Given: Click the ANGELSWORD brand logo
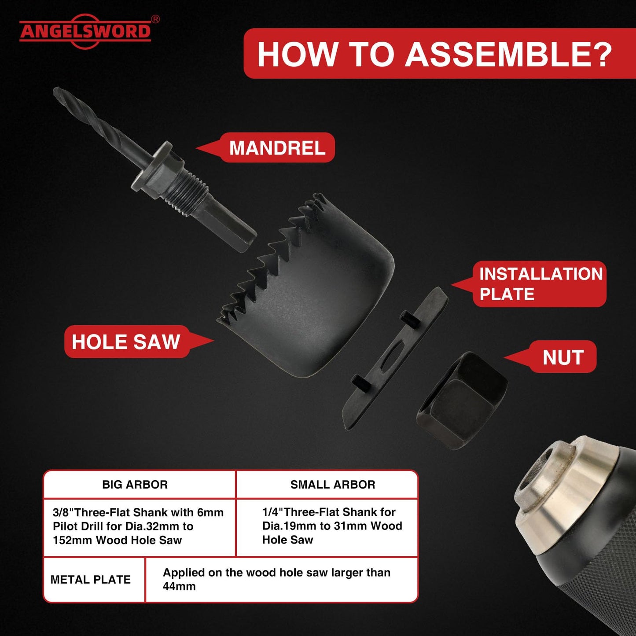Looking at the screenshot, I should [85, 31].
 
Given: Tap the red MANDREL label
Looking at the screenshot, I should [277, 148].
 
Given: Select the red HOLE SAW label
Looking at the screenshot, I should [126, 342].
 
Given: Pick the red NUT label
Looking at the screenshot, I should [563, 357].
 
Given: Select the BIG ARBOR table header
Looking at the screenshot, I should [135, 485].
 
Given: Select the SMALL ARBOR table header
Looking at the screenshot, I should [333, 485].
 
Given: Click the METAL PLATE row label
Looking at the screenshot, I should [91, 580].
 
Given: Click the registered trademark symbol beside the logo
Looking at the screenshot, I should [155, 19].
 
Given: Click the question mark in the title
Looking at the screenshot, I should [602, 55].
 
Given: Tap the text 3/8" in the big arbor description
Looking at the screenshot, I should [63, 512].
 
